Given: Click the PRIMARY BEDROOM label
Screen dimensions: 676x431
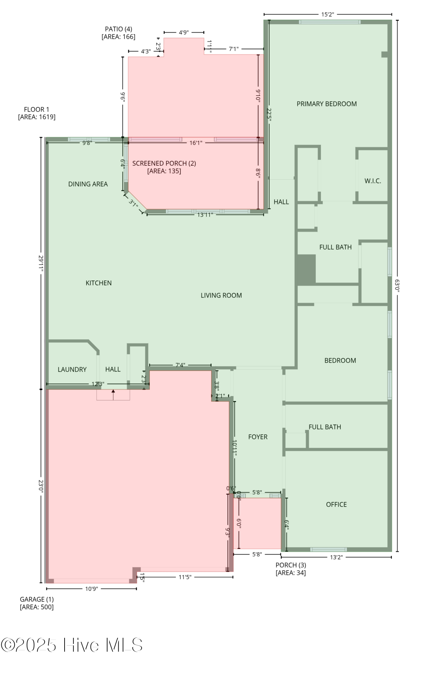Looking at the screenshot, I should point(327,104).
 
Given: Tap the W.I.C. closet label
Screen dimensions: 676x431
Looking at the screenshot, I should point(373,181).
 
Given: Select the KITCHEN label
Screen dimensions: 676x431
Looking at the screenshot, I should point(98,283).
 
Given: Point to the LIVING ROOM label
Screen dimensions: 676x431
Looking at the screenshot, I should point(221,295).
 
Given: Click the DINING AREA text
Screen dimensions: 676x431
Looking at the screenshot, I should point(88,184).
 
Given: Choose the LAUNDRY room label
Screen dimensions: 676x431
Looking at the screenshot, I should point(72,369).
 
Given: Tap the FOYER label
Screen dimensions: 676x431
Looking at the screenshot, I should point(258,437).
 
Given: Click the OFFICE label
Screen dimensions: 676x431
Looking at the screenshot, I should point(336,504).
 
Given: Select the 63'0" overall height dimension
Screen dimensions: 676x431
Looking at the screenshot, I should point(397,285).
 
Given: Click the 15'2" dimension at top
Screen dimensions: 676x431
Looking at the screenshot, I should point(327,15).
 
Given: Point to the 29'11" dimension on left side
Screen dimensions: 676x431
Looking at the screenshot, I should point(41,263).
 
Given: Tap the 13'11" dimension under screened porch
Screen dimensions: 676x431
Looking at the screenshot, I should point(205,215).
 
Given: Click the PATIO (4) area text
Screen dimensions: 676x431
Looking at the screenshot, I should point(118,33).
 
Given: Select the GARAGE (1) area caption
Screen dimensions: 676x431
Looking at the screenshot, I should point(37,603).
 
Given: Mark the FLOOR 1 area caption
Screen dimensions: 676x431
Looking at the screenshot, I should point(37,113).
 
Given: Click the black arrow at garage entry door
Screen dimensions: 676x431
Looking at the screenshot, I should point(113,392).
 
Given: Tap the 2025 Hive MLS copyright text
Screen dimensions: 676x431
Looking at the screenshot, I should point(72,645).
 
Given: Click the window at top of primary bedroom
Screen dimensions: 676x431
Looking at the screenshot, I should point(329,22).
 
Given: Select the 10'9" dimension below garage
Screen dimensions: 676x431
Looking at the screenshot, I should point(91,589).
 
